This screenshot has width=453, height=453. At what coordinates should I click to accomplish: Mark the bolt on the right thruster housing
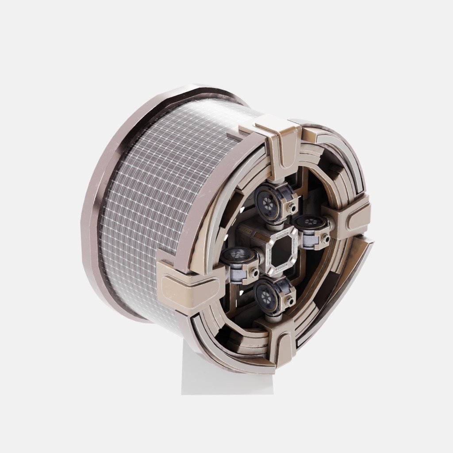pos(326,239)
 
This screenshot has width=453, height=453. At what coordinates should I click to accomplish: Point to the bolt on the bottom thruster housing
pos(290,302)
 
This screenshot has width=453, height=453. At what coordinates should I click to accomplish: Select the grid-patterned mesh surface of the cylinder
pos(146,199)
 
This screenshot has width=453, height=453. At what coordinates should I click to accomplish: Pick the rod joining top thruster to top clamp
pos(276,177)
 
